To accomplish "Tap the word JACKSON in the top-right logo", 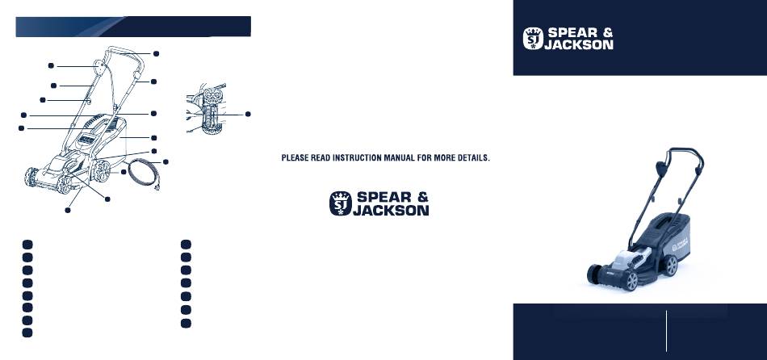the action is [x=579, y=44].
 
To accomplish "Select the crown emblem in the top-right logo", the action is [x=533, y=38].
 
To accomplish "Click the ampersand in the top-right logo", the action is [x=606, y=33].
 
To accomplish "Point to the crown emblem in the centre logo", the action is [x=341, y=203].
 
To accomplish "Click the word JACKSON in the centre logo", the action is [x=391, y=211].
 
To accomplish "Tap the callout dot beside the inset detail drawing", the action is [x=248, y=114].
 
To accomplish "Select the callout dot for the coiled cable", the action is [x=166, y=161].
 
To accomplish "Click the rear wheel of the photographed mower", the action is [x=669, y=266].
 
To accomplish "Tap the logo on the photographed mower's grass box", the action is [x=680, y=244].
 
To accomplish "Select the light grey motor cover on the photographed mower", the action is [x=632, y=257].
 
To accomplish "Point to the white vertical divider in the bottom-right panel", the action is [x=666, y=331].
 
